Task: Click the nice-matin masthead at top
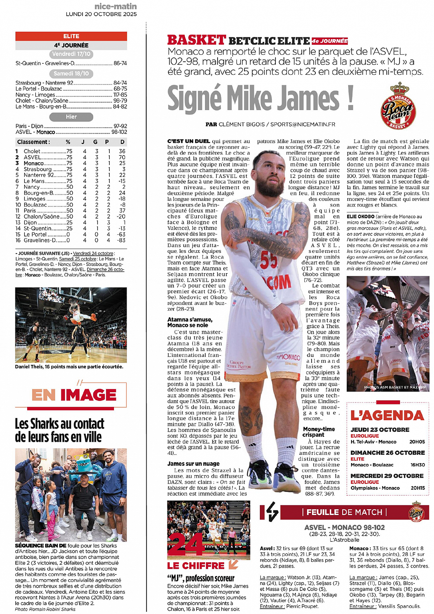tap(116, 7)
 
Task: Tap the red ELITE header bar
tap(71, 36)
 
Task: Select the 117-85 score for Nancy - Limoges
tap(120, 95)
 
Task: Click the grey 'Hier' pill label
tap(71, 117)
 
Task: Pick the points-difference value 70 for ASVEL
tap(122, 157)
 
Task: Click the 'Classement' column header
tap(33, 142)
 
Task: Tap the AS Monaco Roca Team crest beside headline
tap(398, 106)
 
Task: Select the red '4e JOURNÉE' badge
tap(330, 41)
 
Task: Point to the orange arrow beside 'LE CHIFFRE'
tap(233, 564)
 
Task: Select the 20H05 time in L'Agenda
tap(417, 442)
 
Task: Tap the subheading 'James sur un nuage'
tap(193, 464)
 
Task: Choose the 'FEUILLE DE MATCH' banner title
tap(344, 512)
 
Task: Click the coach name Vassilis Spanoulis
tap(399, 606)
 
